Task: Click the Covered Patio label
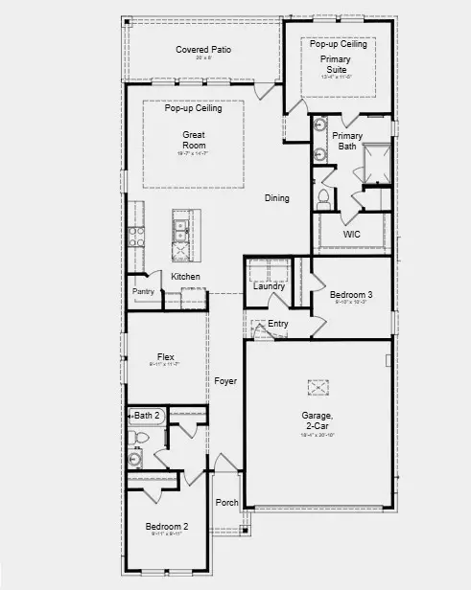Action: tap(203, 49)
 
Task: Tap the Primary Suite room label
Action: tap(335, 64)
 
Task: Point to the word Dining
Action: tap(277, 198)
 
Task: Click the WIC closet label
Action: tap(351, 235)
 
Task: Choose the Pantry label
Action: tap(143, 291)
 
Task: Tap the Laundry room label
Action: tap(270, 285)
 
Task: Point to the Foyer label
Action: tap(225, 381)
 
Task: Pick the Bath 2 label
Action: tap(147, 415)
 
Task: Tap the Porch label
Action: tap(226, 502)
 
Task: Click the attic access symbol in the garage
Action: tap(318, 387)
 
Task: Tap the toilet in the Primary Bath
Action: tap(323, 197)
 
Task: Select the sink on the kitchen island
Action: tap(179, 229)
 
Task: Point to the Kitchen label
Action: tap(185, 277)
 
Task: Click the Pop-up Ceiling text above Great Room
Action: tap(193, 108)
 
